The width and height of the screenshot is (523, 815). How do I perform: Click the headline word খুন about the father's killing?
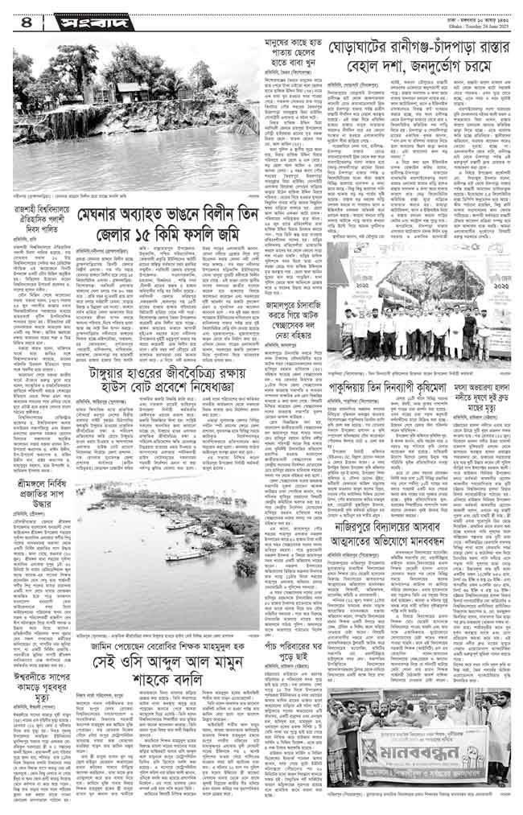click(x=270, y=68)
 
